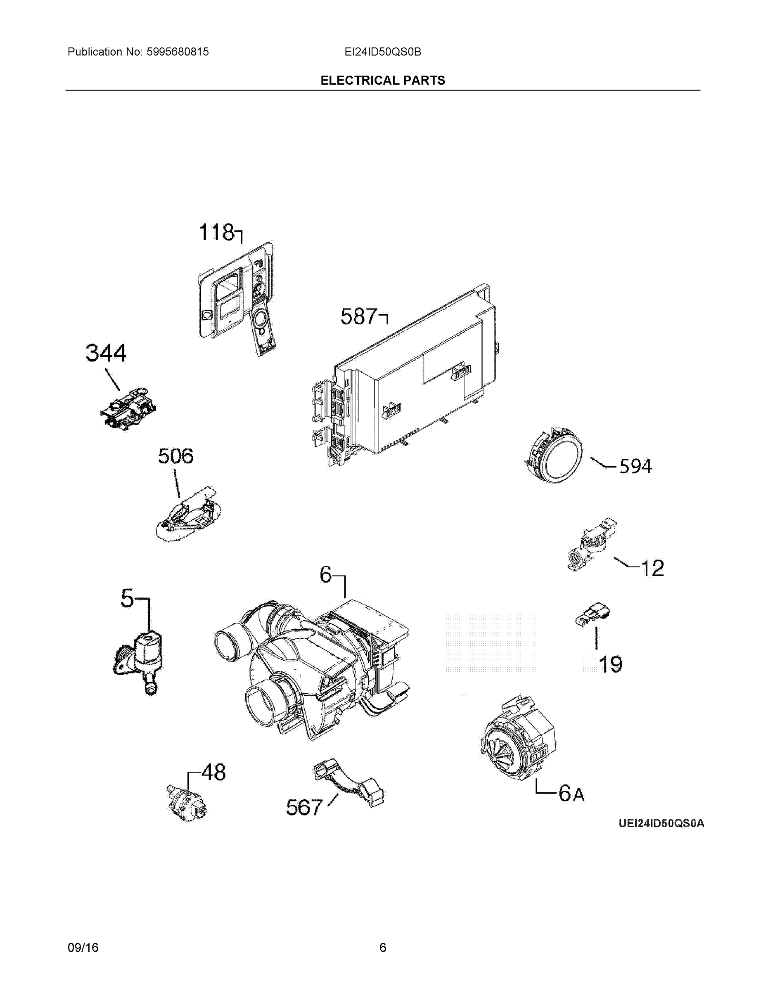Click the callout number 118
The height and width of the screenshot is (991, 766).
216,233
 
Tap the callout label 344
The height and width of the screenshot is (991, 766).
106,353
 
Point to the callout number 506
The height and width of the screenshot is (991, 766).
175,456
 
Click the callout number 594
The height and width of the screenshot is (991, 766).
636,467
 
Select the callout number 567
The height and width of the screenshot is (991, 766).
304,808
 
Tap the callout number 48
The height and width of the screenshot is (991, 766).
213,772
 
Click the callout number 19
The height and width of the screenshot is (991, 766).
610,665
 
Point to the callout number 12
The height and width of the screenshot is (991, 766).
652,568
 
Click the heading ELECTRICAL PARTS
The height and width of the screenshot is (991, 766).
382,81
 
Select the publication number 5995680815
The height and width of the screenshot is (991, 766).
178,52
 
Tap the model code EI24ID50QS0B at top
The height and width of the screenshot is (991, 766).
382,52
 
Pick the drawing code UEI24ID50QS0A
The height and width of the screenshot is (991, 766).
661,823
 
